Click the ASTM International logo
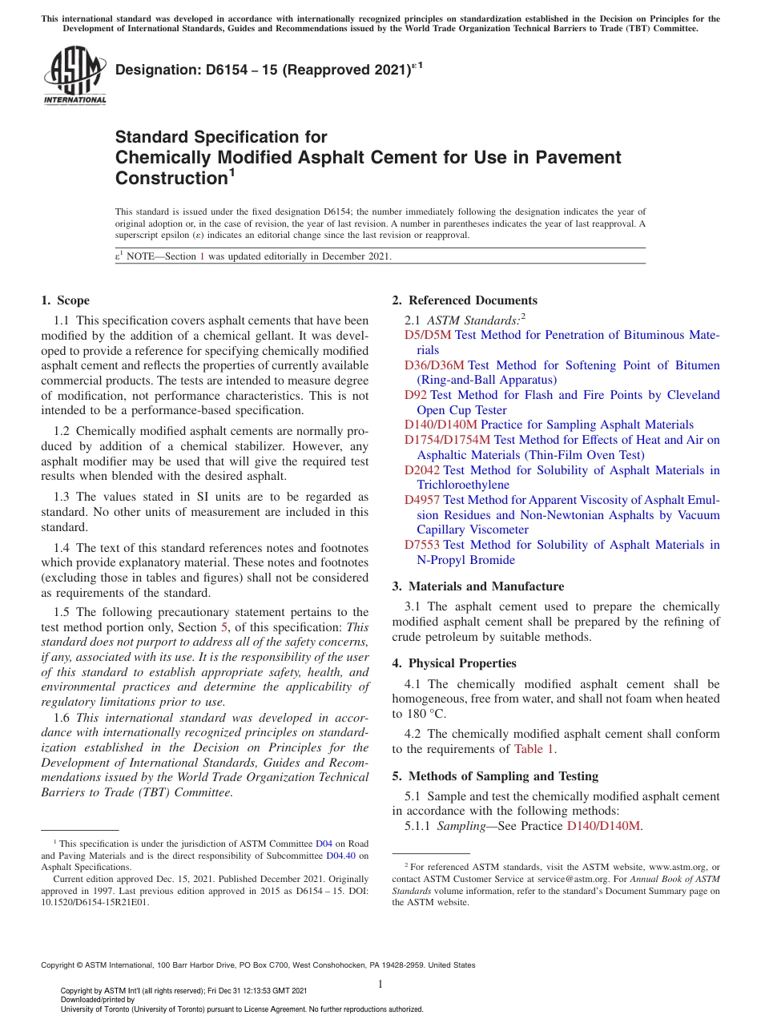click(74, 76)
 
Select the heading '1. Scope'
click(66, 300)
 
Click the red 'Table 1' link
click(534, 749)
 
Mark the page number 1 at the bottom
click(380, 985)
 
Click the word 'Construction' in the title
click(171, 178)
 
